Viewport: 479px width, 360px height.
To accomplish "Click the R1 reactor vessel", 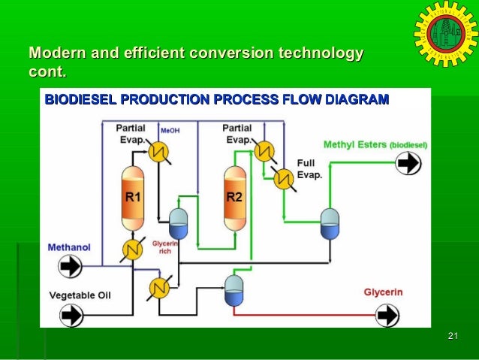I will (x=133, y=198).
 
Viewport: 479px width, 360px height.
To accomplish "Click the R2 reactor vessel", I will (x=234, y=198).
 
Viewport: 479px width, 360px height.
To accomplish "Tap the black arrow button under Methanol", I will (x=71, y=266).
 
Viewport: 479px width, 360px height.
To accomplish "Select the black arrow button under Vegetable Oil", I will (x=71, y=315).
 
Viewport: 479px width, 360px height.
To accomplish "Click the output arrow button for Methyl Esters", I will (x=408, y=163).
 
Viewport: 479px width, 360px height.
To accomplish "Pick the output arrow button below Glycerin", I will (x=387, y=314).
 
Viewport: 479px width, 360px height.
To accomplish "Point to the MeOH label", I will (x=170, y=130).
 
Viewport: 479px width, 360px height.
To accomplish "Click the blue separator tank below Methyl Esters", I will (x=330, y=222).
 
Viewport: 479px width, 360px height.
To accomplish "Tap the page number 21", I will (x=452, y=335).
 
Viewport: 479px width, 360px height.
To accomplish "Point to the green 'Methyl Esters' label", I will (x=354, y=144).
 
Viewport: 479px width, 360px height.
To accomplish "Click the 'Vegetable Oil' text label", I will (x=80, y=295).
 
